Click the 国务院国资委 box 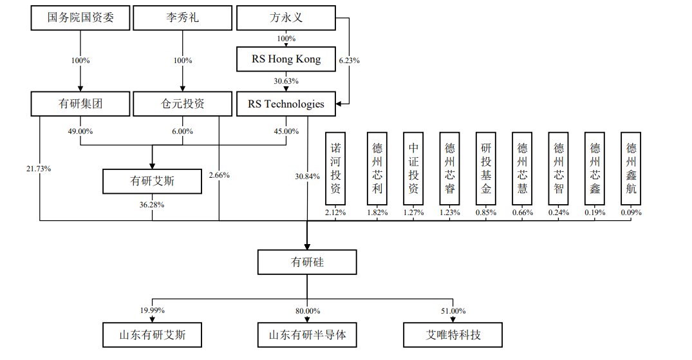click(x=80, y=18)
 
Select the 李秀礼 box click(x=182, y=18)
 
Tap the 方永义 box click(x=286, y=18)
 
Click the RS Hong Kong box click(x=286, y=59)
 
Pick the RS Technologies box click(x=286, y=104)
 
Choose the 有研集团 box click(x=80, y=104)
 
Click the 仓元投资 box click(x=182, y=104)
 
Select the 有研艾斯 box click(x=152, y=182)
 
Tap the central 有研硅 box click(x=306, y=262)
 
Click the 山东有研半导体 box click(x=306, y=336)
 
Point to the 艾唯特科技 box click(x=453, y=336)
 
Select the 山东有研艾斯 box click(x=152, y=336)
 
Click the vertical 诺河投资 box click(x=335, y=169)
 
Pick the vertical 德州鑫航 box click(x=631, y=169)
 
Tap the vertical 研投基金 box click(x=485, y=169)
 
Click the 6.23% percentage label click(x=348, y=60)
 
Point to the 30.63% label click(x=286, y=81)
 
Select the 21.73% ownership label click(x=39, y=169)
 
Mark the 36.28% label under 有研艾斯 click(x=152, y=205)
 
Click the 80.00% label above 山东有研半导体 click(x=307, y=310)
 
